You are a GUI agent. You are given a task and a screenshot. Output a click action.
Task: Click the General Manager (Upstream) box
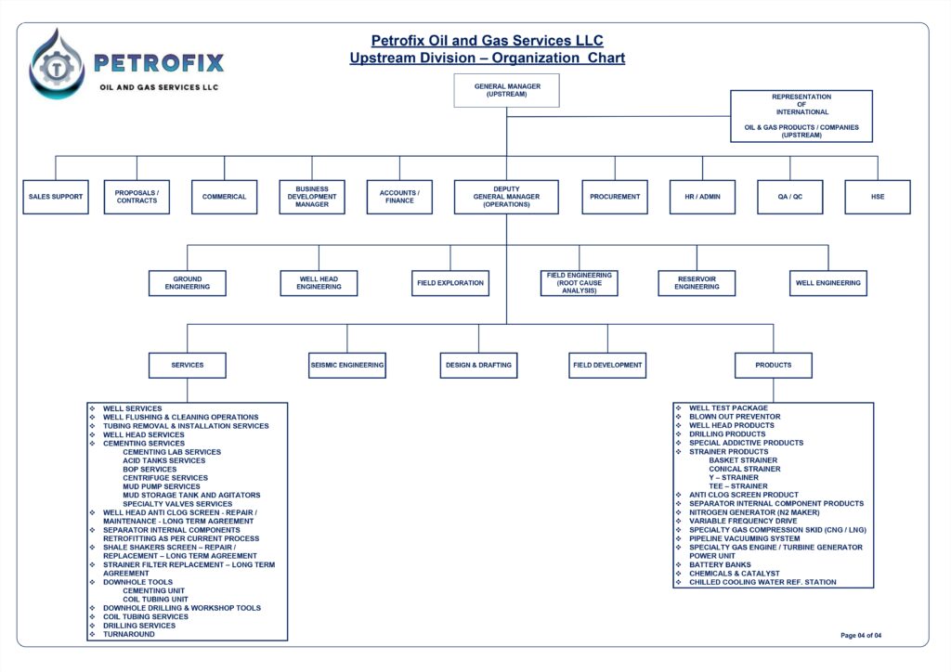pos(507,90)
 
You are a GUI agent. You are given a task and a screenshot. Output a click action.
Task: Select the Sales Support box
pos(56,197)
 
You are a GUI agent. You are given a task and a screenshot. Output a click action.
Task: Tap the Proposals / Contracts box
pos(137,197)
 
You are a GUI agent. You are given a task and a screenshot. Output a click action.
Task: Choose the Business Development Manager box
pos(312,197)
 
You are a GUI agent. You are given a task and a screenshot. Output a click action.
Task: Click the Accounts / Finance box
pos(399,197)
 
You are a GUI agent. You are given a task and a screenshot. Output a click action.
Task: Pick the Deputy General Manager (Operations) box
pos(506,197)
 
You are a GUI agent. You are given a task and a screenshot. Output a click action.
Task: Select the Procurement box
pos(615,197)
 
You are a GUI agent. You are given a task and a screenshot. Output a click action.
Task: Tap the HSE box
pos(878,197)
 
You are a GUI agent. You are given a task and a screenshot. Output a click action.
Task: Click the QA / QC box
pos(790,197)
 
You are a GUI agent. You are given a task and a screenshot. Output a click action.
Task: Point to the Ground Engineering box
pos(188,283)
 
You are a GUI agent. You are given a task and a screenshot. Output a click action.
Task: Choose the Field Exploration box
pos(450,283)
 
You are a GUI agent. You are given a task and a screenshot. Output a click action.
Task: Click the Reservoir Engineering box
pos(697,283)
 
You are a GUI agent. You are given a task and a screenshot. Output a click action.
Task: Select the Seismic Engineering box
pos(347,365)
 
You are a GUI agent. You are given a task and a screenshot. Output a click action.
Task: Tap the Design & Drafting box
pos(478,365)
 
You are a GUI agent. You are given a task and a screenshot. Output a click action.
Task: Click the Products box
pos(774,365)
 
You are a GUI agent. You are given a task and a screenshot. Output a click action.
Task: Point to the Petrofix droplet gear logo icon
pos(57,63)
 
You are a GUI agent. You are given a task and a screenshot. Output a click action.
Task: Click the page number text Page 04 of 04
pos(861,635)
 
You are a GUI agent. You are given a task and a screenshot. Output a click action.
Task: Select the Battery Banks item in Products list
pos(720,564)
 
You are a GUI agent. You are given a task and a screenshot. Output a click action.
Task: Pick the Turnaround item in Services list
pos(129,634)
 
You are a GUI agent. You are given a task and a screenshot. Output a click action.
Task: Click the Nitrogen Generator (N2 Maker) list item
pos(754,512)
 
